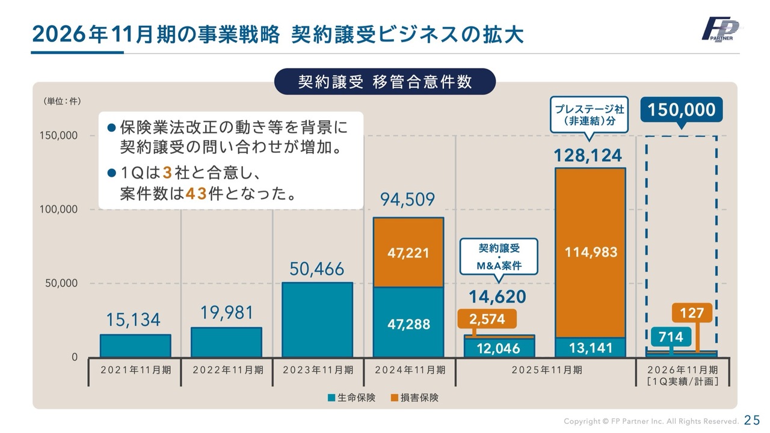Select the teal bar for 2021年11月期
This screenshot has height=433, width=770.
click(135, 346)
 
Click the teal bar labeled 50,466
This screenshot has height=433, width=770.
click(317, 319)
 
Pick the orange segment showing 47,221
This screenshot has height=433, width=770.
click(408, 253)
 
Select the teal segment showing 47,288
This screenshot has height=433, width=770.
click(408, 323)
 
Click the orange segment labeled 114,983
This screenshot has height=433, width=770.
click(590, 253)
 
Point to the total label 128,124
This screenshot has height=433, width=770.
click(588, 156)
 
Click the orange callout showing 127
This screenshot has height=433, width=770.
click(692, 313)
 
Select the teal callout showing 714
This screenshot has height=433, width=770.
click(670, 337)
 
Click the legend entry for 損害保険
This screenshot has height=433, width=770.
click(414, 398)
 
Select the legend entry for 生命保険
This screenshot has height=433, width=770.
click(351, 398)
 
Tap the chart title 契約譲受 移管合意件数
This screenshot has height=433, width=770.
click(385, 82)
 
